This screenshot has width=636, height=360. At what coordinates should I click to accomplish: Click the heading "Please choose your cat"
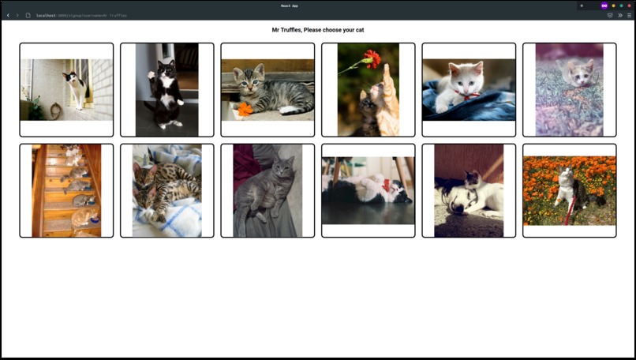tap(318, 30)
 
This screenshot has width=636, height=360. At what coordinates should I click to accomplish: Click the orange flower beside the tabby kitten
tap(245, 109)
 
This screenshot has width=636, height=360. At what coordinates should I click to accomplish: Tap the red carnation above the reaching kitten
tap(372, 58)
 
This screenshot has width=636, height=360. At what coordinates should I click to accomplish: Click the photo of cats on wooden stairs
tap(66, 190)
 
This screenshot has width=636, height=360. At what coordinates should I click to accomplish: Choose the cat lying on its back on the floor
tap(368, 190)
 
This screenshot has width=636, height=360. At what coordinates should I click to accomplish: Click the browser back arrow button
tap(8, 15)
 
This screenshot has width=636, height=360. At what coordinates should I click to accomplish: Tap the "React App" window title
tap(290, 6)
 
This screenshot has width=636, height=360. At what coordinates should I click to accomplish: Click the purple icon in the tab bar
tap(604, 6)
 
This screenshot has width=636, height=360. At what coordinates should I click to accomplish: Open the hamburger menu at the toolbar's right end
tap(629, 15)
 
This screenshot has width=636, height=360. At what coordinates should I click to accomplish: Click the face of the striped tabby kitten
tap(257, 79)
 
